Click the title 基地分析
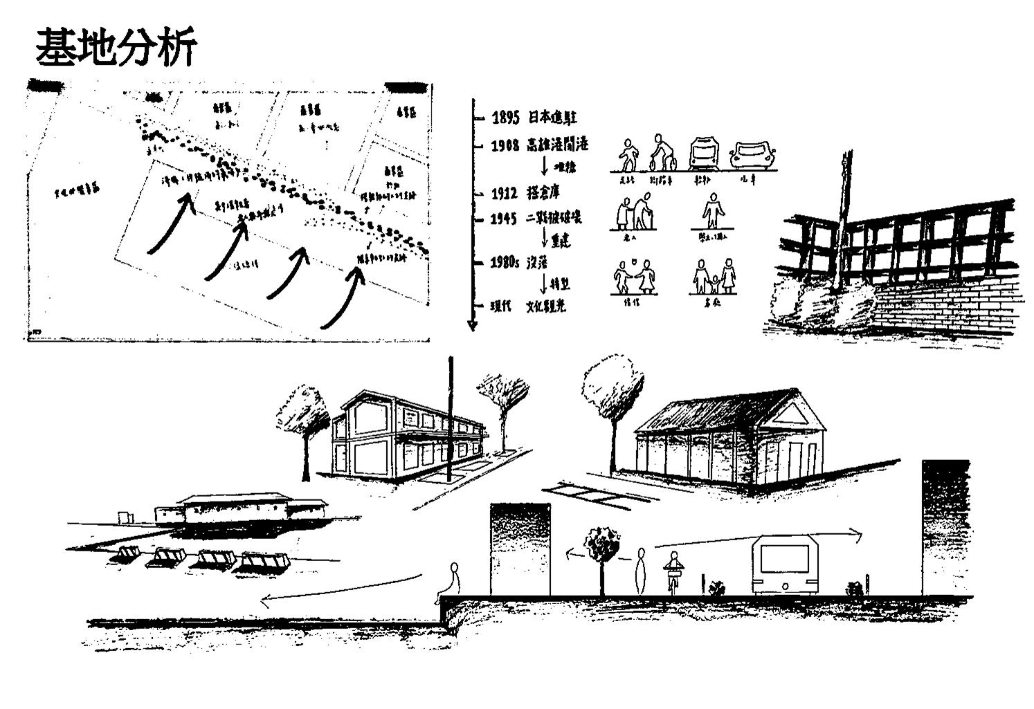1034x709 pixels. (116, 47)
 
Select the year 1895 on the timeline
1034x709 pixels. (505, 118)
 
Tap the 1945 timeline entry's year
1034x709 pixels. (504, 219)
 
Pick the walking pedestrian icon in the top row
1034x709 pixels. (628, 155)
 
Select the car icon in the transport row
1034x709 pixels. (755, 155)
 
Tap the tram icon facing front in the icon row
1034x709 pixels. (707, 153)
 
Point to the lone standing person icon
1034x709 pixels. (711, 210)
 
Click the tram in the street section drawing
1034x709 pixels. (786, 563)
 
